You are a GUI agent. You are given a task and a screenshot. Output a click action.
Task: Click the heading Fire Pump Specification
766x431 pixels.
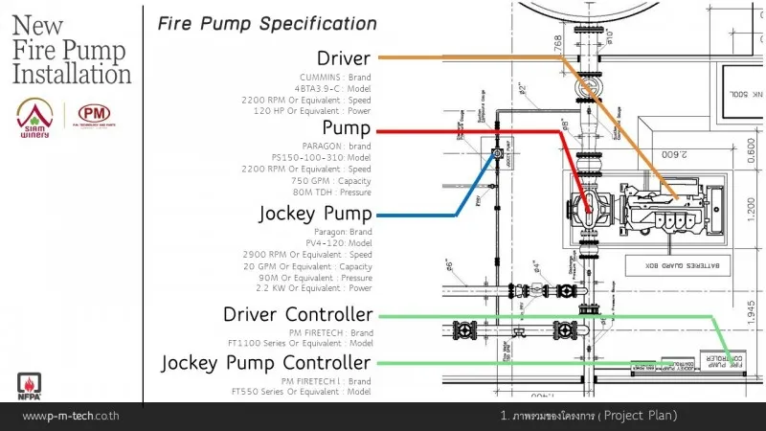point(267,22)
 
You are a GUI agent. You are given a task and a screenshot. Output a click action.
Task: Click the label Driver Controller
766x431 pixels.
point(297,314)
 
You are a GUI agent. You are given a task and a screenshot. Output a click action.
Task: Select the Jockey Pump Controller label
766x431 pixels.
point(265,363)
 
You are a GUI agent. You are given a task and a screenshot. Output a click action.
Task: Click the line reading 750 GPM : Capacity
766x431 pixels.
point(330,181)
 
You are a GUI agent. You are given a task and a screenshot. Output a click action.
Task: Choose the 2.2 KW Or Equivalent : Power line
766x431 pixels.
point(314,287)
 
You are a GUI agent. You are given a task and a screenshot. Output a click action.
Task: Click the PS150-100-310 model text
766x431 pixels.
point(321,157)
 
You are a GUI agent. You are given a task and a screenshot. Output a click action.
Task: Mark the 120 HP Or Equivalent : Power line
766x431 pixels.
point(310,111)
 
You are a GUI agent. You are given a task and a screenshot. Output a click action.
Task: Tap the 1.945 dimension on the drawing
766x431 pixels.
point(751,309)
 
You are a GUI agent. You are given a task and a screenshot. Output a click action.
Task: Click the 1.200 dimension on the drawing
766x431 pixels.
point(751,212)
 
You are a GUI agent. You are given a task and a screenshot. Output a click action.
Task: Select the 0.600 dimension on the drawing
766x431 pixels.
point(751,150)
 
